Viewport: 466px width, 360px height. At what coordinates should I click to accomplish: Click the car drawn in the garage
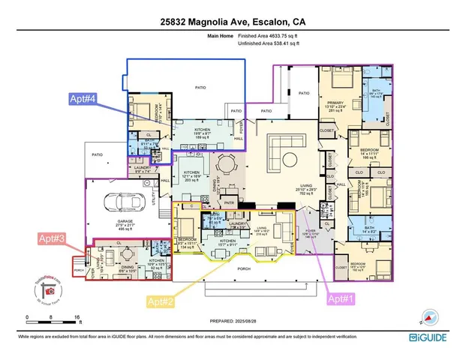(x=122, y=202)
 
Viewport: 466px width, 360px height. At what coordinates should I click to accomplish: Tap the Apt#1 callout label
(x=344, y=297)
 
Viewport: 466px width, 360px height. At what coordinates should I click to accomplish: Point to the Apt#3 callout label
(x=55, y=238)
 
